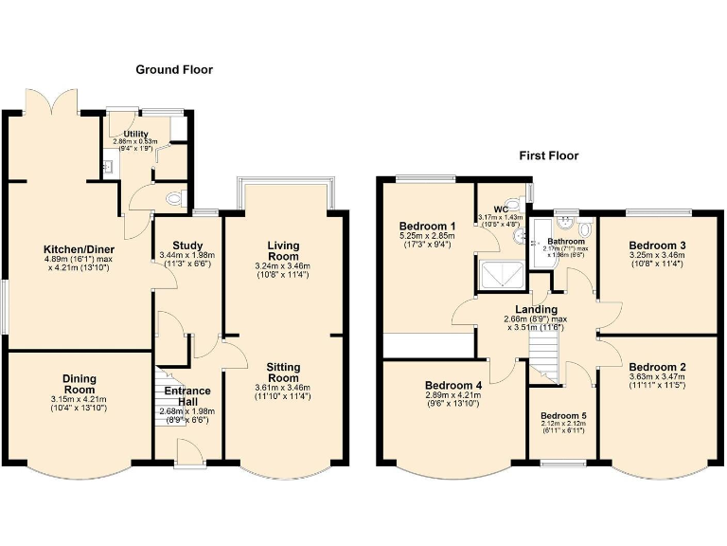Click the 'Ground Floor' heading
click(x=174, y=70)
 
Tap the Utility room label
click(x=135, y=135)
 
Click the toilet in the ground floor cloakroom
click(x=174, y=199)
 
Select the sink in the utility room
click(x=109, y=167)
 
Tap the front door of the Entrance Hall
click(x=186, y=460)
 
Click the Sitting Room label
click(x=283, y=373)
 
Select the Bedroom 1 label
click(x=424, y=225)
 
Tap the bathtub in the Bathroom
click(x=543, y=245)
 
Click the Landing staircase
click(x=544, y=358)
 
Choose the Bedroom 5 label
click(x=562, y=415)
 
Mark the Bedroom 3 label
click(x=658, y=246)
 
